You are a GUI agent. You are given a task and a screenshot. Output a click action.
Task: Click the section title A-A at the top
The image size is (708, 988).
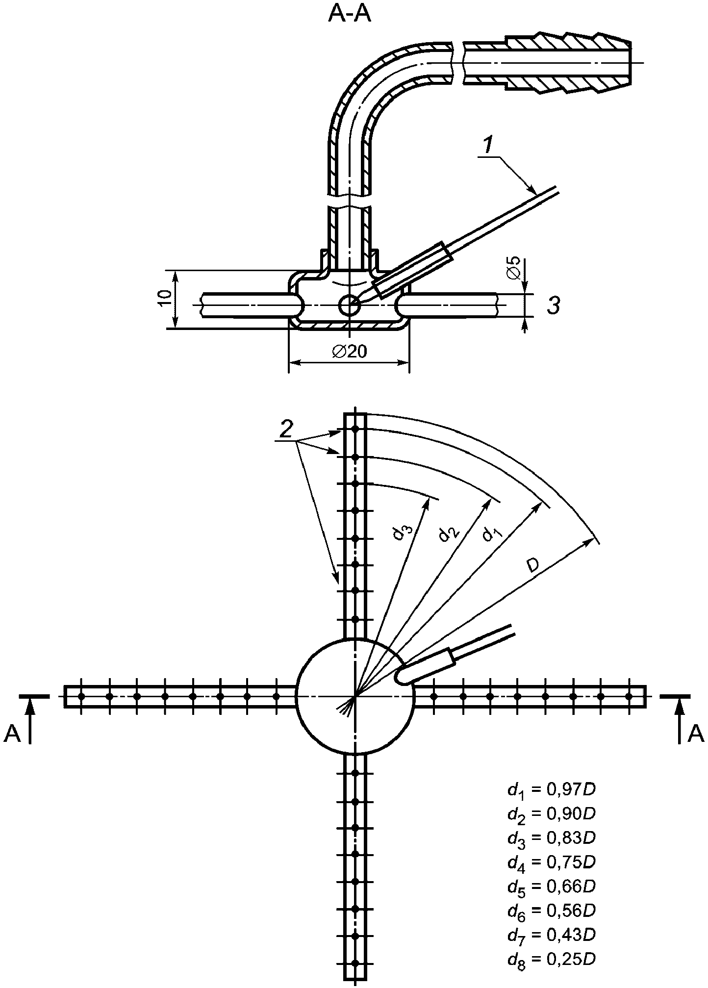coord(349,15)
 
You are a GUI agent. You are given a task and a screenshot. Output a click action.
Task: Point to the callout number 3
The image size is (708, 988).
coord(553,305)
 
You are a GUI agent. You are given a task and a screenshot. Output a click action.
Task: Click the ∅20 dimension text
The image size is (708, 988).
coord(349,352)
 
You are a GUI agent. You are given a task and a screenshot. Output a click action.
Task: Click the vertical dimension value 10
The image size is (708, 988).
coord(166,298)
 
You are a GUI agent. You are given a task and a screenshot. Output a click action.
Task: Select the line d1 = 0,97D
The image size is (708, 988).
coord(552,790)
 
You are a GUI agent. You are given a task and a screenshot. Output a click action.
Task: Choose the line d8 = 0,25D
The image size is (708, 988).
coord(552,958)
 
